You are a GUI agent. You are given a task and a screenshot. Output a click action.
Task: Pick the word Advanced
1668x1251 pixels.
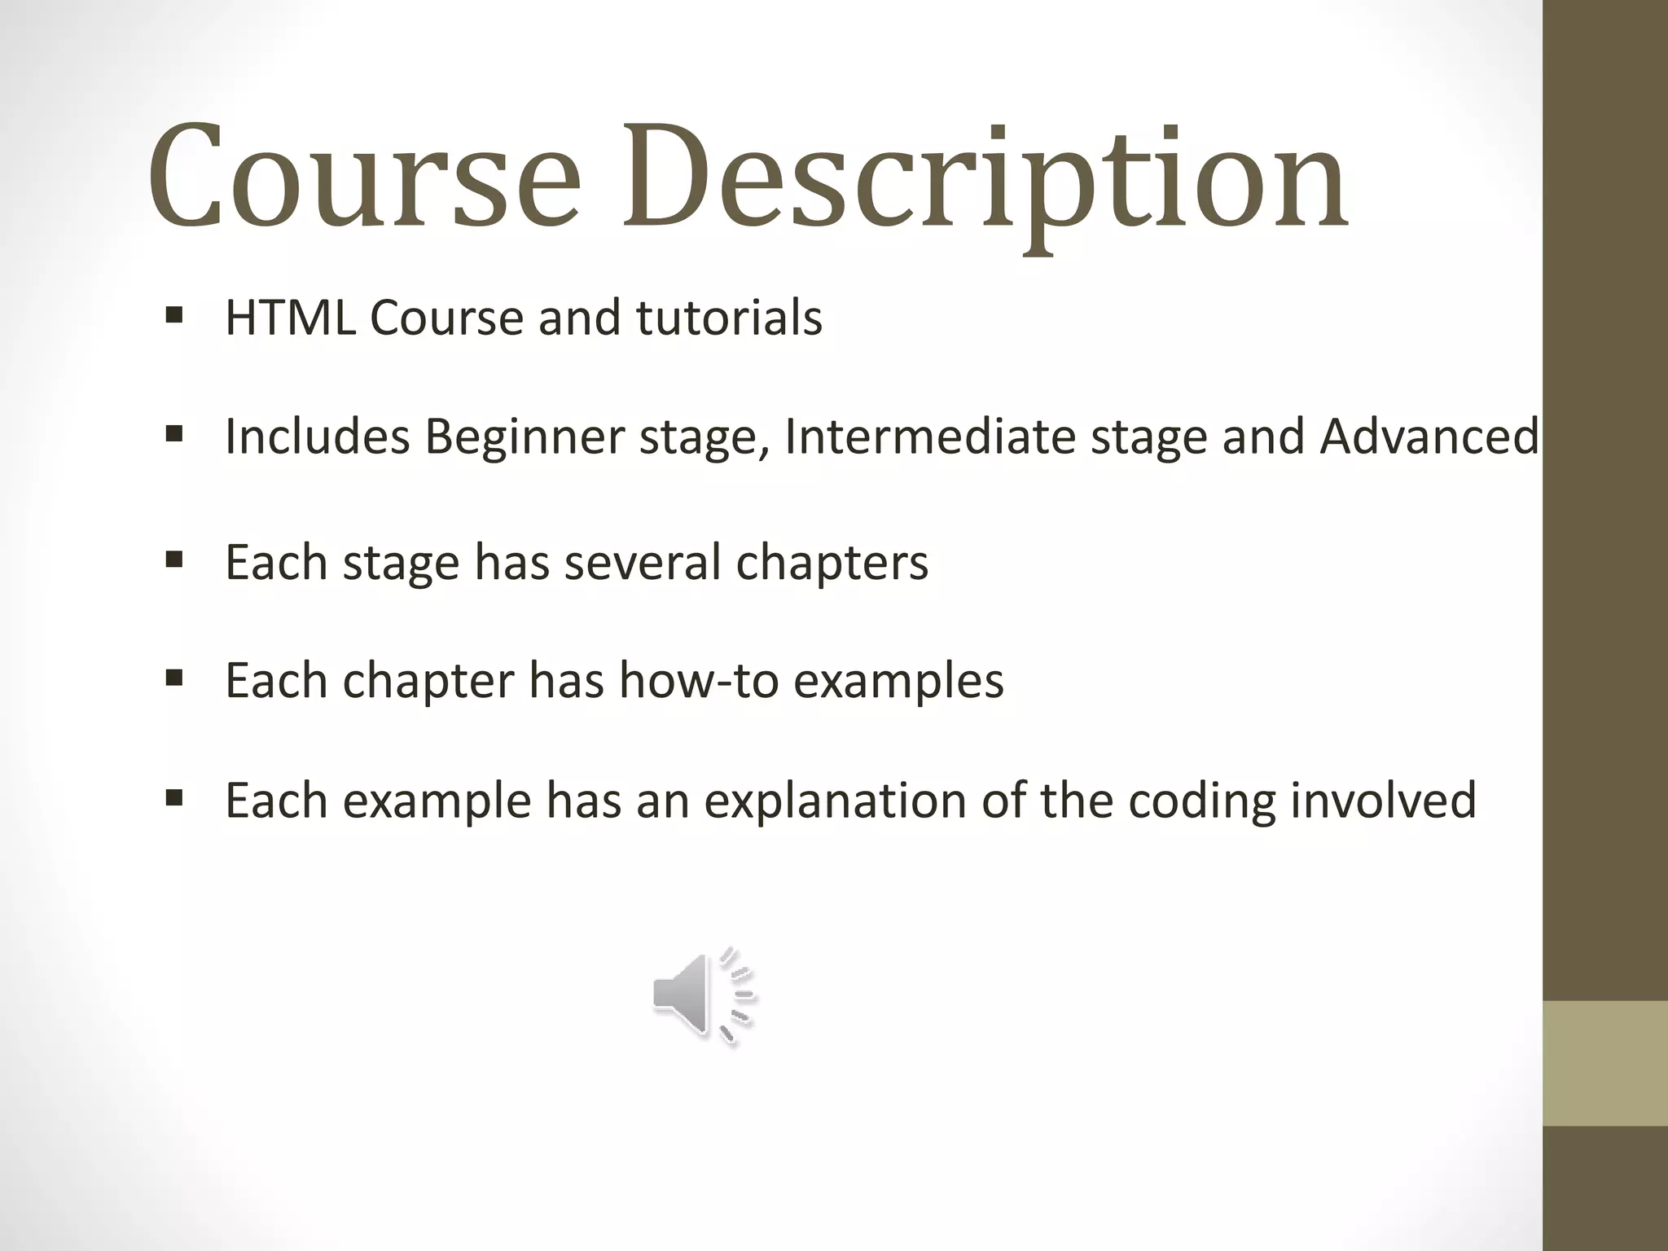[1429, 436]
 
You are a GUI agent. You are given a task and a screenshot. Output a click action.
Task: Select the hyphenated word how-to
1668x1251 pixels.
[697, 680]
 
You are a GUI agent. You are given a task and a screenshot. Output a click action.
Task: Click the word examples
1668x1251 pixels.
[898, 682]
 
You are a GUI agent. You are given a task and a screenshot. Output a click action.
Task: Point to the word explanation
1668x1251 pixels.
[835, 801]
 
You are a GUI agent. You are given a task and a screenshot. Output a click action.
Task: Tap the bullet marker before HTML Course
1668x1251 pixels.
[173, 315]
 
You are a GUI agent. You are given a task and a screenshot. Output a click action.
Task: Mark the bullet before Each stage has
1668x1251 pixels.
[173, 560]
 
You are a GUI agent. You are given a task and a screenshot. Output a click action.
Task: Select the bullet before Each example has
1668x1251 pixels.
[173, 797]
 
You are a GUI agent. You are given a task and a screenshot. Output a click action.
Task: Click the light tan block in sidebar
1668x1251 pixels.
[1605, 1063]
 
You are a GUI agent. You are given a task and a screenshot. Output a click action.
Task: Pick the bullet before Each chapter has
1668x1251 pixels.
[173, 678]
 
